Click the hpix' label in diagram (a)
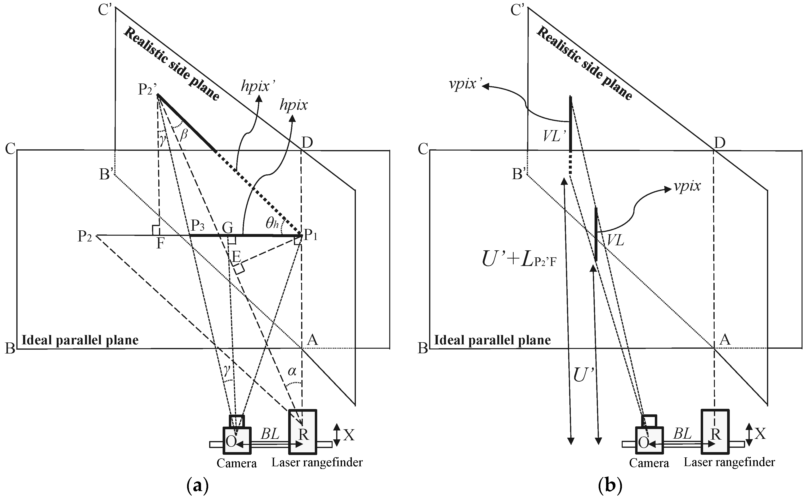click(258, 87)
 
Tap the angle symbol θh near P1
click(272, 224)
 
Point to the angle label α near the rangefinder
click(292, 372)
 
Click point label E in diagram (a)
click(236, 256)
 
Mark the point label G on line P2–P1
click(228, 228)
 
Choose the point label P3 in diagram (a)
click(198, 226)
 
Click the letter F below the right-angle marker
click(160, 244)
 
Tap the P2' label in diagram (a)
click(147, 89)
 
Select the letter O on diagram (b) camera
click(643, 442)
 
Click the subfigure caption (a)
click(198, 486)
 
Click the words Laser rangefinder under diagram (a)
click(317, 463)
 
